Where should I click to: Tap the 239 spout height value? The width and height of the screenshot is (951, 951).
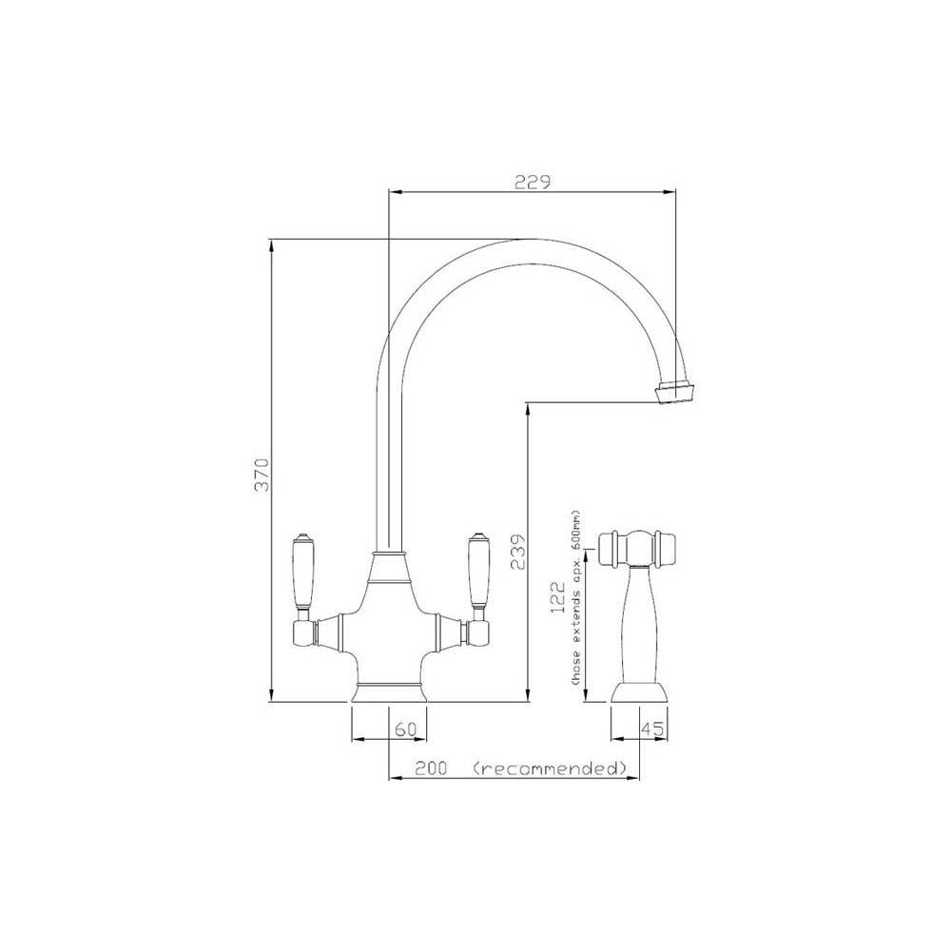[x=518, y=550]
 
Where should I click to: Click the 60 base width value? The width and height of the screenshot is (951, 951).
[x=406, y=729]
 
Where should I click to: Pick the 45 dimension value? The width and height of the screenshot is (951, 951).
[x=652, y=729]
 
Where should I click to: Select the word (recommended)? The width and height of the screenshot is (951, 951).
[x=549, y=768]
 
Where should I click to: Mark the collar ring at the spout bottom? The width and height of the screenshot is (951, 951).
[x=388, y=554]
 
